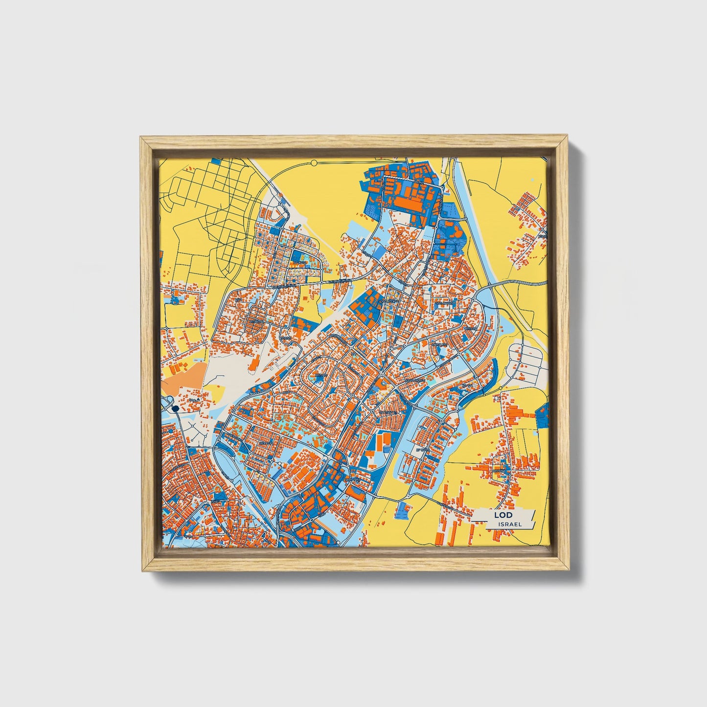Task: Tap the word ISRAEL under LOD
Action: (509, 524)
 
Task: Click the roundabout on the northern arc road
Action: (314, 162)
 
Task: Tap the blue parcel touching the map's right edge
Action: (543, 417)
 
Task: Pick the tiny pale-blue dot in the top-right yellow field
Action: (532, 180)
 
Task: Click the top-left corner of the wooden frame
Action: (141, 138)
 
